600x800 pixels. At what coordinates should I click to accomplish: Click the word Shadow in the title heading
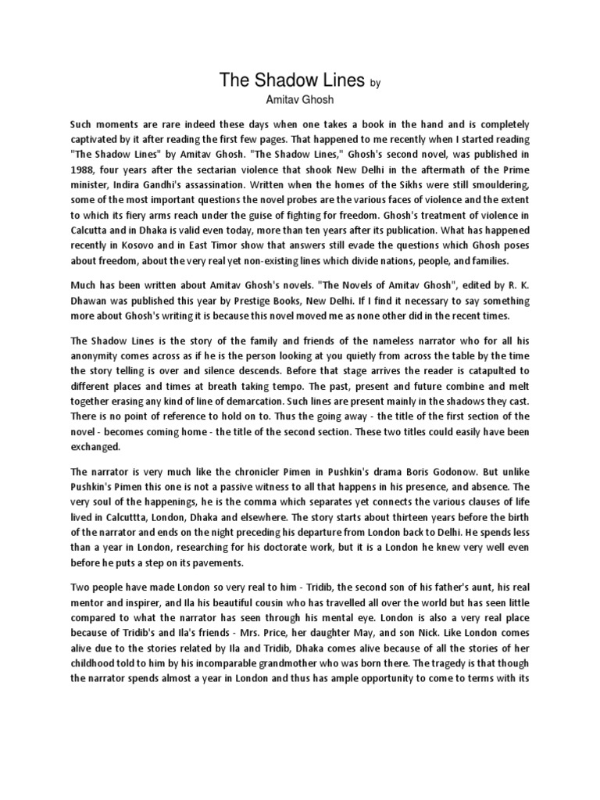[290, 80]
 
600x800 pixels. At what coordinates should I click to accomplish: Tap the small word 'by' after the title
[375, 83]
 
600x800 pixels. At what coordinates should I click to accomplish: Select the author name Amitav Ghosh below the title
[300, 100]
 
